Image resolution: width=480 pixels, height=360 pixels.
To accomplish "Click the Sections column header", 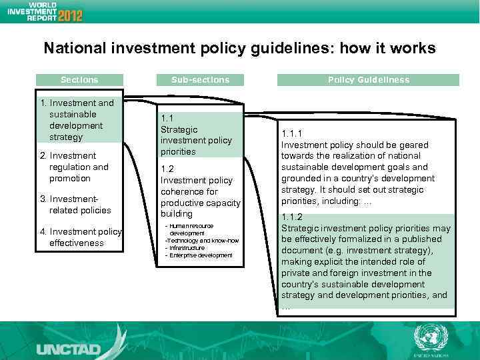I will click(x=79, y=80).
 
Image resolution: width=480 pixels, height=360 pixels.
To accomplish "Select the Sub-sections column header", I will click(x=199, y=80).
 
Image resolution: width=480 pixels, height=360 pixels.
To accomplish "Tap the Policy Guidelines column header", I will click(x=368, y=80).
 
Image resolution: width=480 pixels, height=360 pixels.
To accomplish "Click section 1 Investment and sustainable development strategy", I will click(x=77, y=120).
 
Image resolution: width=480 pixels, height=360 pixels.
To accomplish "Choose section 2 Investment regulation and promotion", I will click(x=77, y=167).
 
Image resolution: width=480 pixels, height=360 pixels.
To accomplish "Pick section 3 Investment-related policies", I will click(x=77, y=205).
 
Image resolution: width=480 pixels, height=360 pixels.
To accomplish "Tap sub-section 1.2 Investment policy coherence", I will click(x=199, y=191).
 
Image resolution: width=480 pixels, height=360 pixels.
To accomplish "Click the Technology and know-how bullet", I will click(x=201, y=241).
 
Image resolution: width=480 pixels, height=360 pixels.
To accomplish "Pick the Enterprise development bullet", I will click(x=201, y=255).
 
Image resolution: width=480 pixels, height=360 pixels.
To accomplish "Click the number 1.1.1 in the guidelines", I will click(x=292, y=133).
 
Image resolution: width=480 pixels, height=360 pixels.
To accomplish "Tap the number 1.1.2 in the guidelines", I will click(x=292, y=217).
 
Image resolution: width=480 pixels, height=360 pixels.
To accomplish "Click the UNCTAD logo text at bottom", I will click(x=69, y=349).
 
